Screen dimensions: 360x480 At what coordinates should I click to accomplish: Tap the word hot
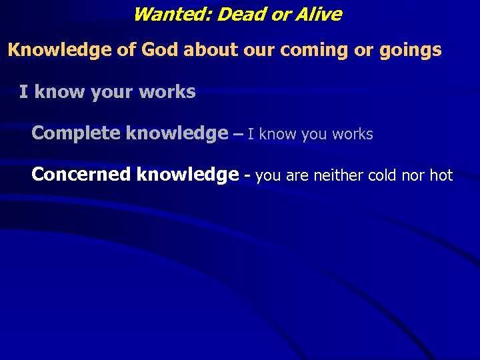pos(441,175)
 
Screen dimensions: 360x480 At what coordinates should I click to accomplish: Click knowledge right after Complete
pos(176,133)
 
